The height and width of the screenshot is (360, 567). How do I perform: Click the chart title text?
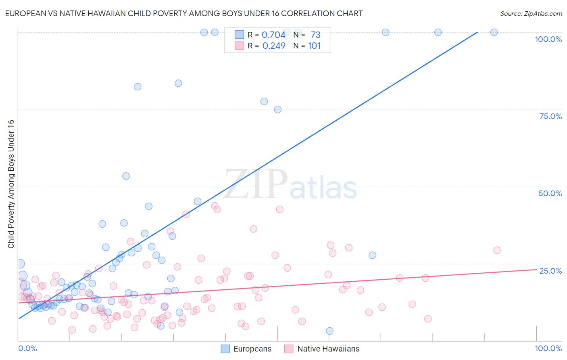coord(183,13)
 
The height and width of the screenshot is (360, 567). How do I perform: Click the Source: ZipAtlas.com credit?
coord(531,13)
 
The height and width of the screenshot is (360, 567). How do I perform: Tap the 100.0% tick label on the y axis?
coord(548,39)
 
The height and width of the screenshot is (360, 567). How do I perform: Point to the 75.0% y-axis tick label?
coord(550,116)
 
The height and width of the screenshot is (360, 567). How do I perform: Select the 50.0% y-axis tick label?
coord(550,193)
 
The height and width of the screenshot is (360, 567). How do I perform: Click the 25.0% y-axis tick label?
coord(550,270)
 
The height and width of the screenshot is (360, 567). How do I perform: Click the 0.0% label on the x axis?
coord(27,348)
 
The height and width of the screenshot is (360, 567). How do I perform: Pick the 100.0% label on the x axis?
coord(548,348)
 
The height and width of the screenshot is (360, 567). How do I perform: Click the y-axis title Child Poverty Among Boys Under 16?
coord(11,184)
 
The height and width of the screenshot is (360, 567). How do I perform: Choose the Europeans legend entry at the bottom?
coord(246,349)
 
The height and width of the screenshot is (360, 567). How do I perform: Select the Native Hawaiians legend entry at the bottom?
coord(322,349)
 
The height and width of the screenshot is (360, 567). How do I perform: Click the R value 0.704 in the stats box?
coord(273,35)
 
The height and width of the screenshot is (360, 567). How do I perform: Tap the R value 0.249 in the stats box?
coord(273,46)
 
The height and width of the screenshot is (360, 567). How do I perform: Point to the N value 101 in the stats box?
coord(314,46)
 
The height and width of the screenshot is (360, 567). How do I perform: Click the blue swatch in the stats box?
coord(239,35)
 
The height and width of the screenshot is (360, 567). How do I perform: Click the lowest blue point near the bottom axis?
coord(329,331)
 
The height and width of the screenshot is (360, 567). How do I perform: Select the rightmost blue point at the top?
coord(494,32)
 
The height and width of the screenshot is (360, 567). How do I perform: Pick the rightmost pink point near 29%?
coord(497,250)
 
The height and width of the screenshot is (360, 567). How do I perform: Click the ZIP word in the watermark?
coord(256,184)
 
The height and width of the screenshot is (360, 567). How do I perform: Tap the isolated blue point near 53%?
coord(126,176)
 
